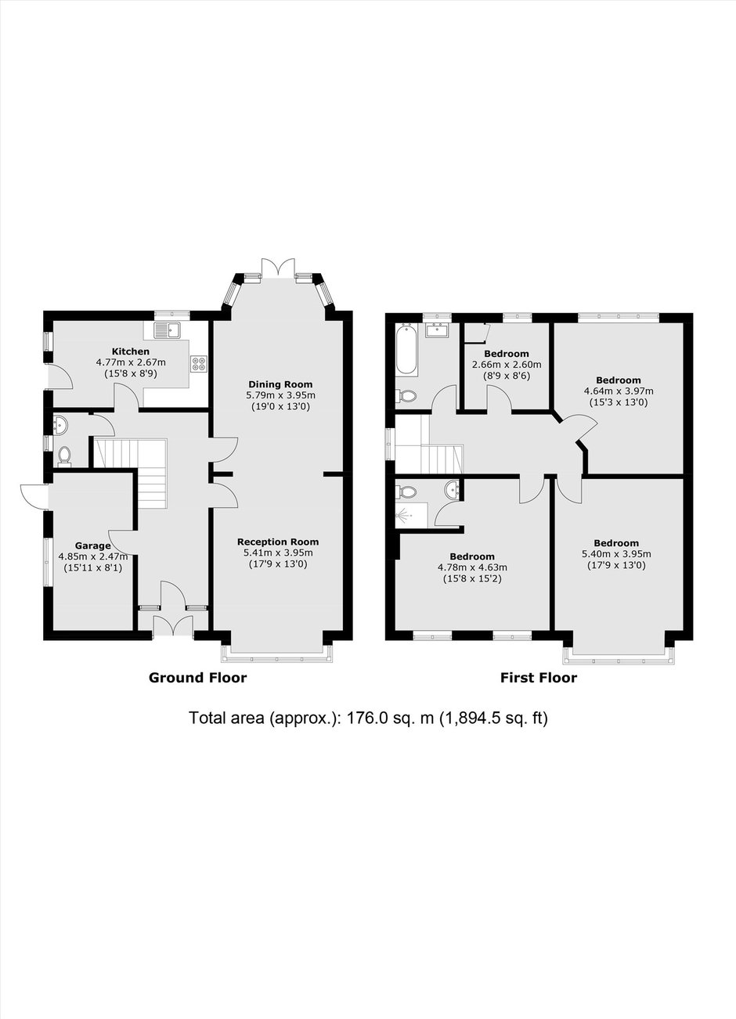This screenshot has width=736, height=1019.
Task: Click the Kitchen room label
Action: click(x=131, y=351)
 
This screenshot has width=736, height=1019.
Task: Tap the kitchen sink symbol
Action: click(x=168, y=329)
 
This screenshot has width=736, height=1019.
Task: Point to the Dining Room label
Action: click(x=280, y=384)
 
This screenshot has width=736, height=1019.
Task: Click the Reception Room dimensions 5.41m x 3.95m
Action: click(x=278, y=553)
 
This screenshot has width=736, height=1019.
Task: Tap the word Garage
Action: click(x=93, y=546)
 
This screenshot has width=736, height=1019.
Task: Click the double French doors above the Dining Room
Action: click(x=278, y=267)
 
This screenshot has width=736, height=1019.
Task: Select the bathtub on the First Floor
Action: click(x=406, y=349)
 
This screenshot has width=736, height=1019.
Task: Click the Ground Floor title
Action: click(x=197, y=677)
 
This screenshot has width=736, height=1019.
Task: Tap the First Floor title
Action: click(x=539, y=677)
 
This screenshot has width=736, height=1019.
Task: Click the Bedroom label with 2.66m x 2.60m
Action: click(x=506, y=354)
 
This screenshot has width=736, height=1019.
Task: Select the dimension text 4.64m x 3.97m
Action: click(x=619, y=391)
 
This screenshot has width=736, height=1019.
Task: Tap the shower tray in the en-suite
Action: click(x=412, y=515)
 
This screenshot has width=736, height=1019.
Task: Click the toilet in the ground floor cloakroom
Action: click(x=65, y=455)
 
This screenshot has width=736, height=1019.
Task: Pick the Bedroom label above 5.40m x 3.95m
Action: click(x=616, y=542)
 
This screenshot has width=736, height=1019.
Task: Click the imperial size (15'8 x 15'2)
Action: click(x=472, y=579)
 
